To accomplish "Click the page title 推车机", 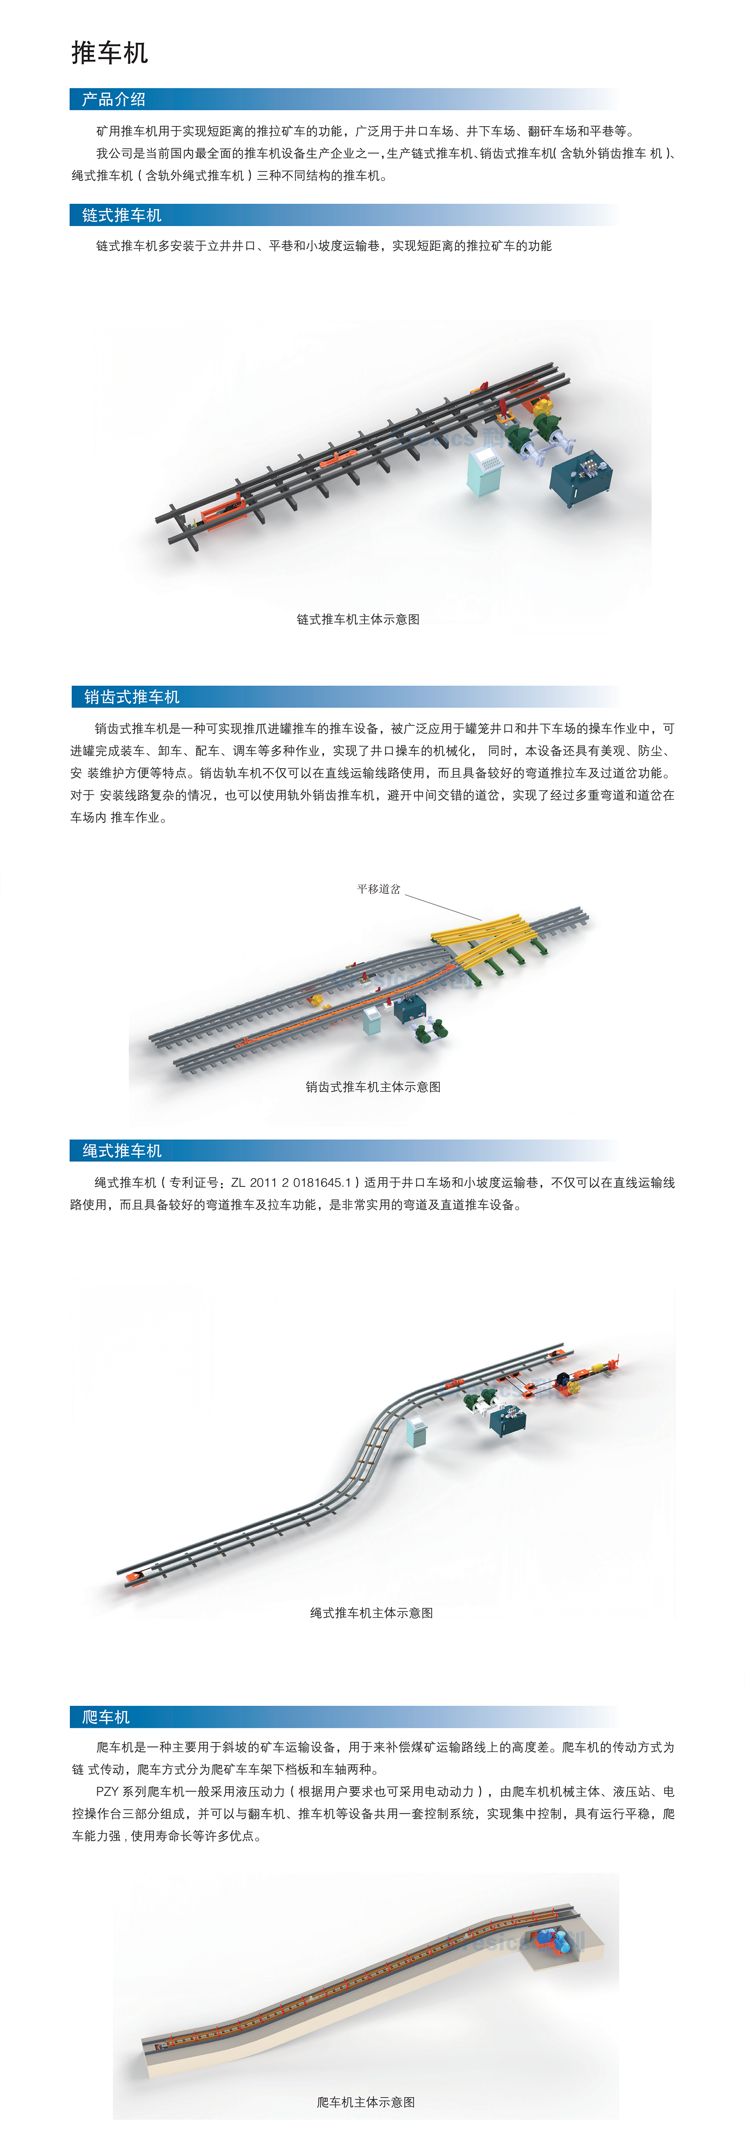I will [x=109, y=53].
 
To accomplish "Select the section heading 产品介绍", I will [x=114, y=100].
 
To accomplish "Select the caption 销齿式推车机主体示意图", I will [x=372, y=1087].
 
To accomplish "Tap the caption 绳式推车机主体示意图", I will [x=372, y=1613].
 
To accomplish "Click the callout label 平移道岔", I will [x=378, y=889].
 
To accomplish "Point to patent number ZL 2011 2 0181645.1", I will [x=292, y=1182].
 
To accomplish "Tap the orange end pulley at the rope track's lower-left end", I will [x=136, y=1580].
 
